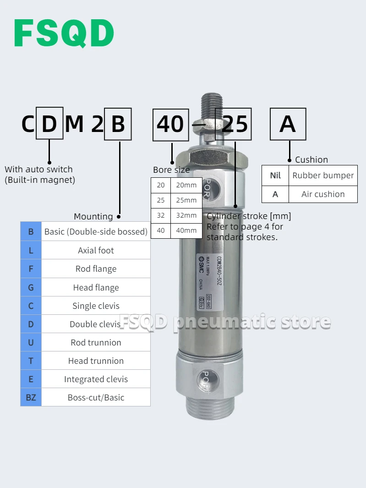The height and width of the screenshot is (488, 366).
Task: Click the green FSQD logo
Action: tap(64, 33)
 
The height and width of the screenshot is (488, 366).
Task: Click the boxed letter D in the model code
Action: tap(49, 124)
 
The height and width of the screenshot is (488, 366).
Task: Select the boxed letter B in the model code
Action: tap(118, 124)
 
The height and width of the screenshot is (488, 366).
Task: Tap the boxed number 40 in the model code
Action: tap(170, 124)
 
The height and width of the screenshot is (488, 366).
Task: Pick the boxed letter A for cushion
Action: tap(288, 124)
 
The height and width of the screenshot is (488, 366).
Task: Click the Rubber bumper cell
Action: tap(323, 175)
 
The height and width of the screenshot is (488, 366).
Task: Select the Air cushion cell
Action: tap(323, 194)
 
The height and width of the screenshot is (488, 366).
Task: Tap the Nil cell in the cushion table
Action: tap(275, 175)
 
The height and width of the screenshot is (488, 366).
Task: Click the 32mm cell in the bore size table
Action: tap(186, 215)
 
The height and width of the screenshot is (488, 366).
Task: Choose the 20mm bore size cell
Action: tap(186, 185)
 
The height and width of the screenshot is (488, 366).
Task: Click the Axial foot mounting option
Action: tap(96, 250)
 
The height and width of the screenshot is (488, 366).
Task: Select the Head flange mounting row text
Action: tap(96, 288)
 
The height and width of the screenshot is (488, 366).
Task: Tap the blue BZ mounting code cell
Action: tap(31, 397)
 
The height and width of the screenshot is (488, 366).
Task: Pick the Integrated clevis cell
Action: tap(96, 379)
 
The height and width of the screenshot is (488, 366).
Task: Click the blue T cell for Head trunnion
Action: tap(31, 361)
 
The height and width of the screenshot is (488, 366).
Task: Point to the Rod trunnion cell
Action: tap(96, 342)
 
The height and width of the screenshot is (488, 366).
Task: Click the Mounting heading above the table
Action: tap(93, 216)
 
